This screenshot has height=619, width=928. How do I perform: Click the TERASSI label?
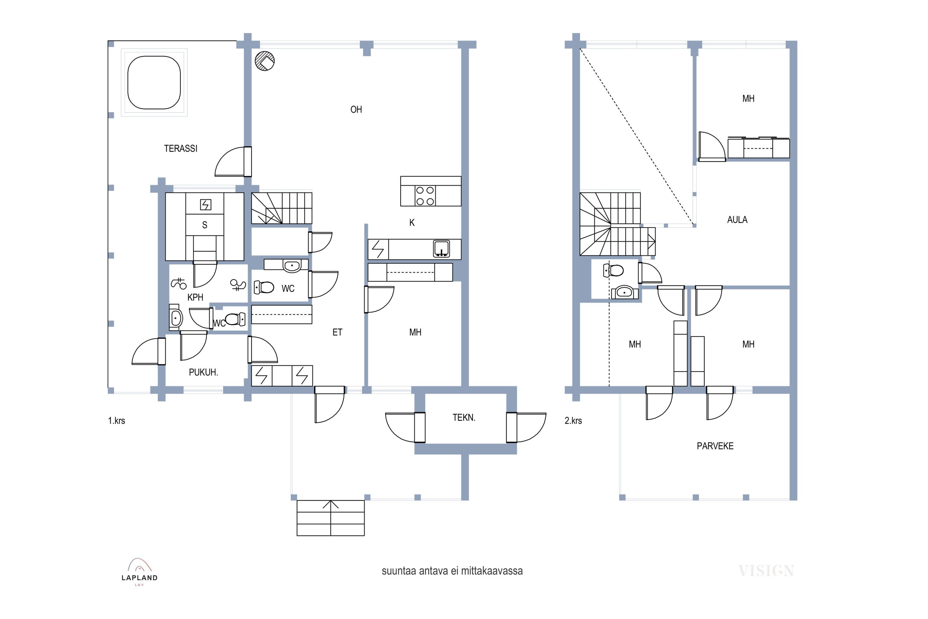point(180,149)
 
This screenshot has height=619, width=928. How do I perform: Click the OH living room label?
point(356,109)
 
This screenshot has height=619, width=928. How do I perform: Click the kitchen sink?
point(441,249)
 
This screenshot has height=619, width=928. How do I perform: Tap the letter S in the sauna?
point(204,225)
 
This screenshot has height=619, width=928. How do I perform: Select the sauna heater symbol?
point(206,205)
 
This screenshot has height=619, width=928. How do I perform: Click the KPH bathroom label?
point(195,297)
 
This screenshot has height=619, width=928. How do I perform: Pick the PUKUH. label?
point(203,372)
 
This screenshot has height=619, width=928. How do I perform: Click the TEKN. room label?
point(464,418)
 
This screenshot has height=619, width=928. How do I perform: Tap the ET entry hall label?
point(337,332)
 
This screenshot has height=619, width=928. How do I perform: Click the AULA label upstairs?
point(737,219)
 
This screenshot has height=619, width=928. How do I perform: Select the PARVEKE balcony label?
point(715,446)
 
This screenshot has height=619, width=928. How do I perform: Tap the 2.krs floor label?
point(573,421)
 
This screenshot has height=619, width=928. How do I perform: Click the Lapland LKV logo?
point(139,572)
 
